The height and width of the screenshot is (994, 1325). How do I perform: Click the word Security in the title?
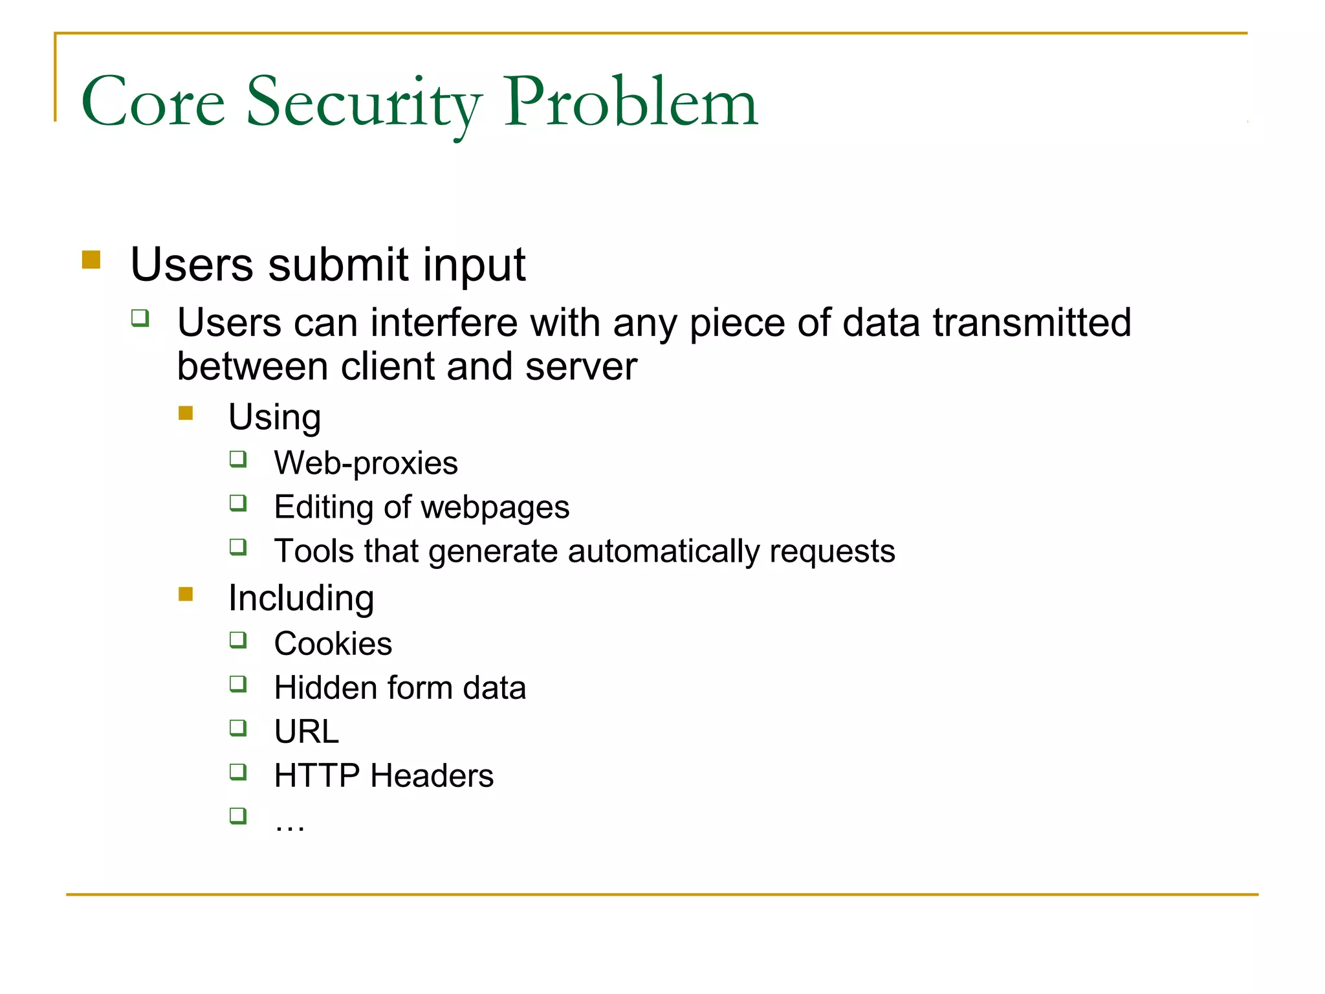point(364,104)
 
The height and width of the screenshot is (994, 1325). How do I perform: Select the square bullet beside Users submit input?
point(91,260)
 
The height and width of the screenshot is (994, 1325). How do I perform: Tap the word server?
point(581,366)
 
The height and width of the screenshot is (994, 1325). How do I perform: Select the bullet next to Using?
point(186,413)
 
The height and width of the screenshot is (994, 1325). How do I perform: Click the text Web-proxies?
point(366,463)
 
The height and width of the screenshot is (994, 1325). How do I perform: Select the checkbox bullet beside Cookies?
point(238,640)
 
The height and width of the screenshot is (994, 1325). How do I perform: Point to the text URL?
point(306,731)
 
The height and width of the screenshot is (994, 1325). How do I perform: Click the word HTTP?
point(316,775)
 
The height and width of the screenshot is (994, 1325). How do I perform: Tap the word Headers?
point(432,775)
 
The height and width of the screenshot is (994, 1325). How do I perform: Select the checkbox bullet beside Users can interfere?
point(140,318)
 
